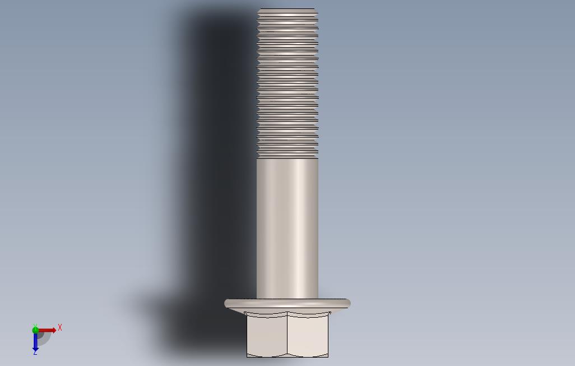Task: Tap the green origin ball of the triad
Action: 35,330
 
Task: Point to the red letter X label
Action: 60,327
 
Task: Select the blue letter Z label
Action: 35,353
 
